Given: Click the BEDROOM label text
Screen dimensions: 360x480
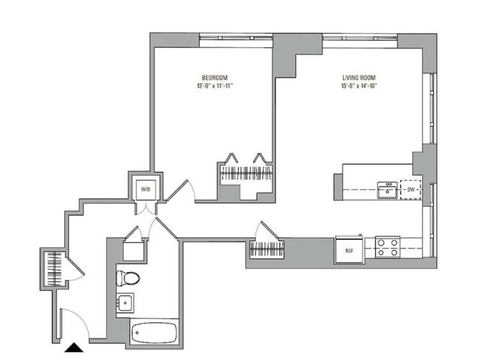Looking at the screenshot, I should point(214,77).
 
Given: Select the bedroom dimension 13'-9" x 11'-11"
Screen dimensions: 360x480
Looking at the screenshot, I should point(214,85).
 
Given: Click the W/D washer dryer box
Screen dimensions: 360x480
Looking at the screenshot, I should point(145,189).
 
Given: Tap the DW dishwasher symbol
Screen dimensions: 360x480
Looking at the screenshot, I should point(410,189).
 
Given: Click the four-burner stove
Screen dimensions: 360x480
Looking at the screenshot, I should point(387,248).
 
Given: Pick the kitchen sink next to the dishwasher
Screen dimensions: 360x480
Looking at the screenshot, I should point(388,189).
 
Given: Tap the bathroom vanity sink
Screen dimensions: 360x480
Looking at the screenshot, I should point(125,301).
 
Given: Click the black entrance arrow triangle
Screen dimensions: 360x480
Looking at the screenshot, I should point(75,348).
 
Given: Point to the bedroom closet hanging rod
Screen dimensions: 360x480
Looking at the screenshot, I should point(245,174).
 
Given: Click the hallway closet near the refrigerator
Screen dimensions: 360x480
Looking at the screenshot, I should point(267,249).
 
